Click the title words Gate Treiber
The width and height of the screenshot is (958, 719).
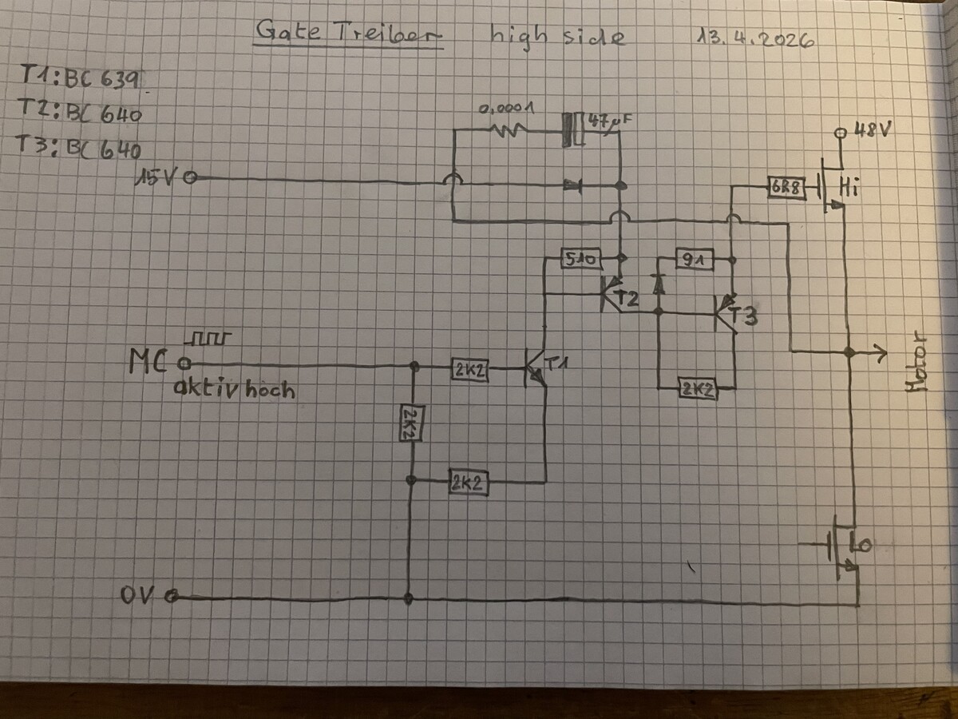[x=348, y=32]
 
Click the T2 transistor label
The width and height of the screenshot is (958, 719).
[x=628, y=299]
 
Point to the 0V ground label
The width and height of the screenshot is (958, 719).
[x=139, y=595]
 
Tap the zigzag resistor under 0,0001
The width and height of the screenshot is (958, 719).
[x=509, y=130]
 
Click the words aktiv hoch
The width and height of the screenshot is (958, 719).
[x=233, y=390]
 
